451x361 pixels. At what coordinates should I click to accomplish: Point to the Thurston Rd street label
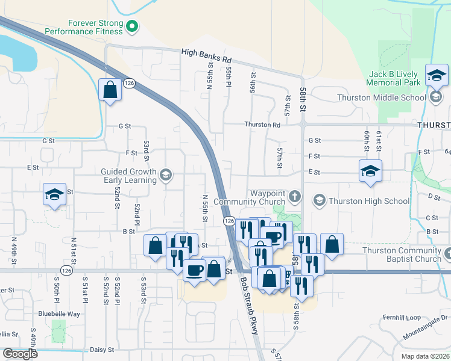[x=262, y=125]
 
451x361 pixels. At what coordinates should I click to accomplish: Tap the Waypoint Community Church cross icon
[x=295, y=196]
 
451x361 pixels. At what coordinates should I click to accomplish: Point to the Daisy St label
[x=102, y=350]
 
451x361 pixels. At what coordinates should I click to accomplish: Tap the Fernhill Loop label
[x=402, y=317]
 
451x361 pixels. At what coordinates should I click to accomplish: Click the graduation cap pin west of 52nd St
[x=54, y=196]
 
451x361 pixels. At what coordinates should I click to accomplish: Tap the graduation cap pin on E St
[x=370, y=171]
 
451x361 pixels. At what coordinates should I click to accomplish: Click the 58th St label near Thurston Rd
[x=303, y=96]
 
